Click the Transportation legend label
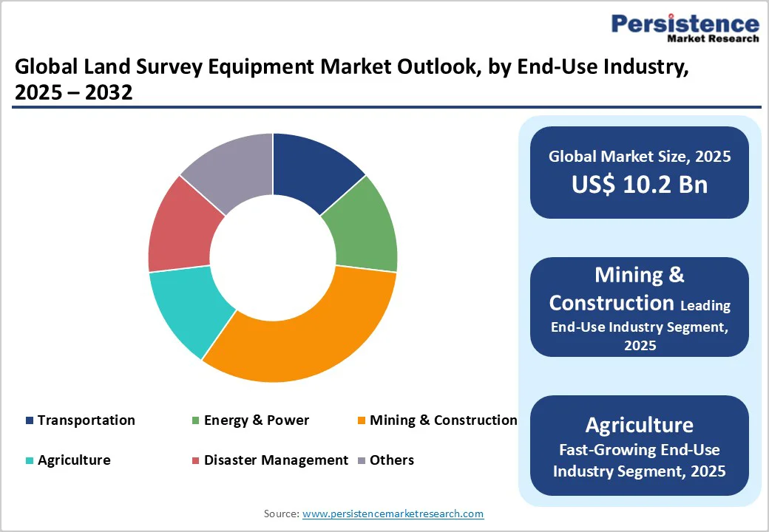pos(86,420)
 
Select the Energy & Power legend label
pos(256,420)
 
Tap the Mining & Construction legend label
pos(443,420)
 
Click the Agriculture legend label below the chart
pos(74,460)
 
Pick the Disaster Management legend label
pos(276,460)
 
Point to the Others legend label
pos(392,460)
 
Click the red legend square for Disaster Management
pos(195,461)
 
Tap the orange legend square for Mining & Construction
pos(361,421)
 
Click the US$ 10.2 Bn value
pos(640,185)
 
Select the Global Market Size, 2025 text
pos(640,157)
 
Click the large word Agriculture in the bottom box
pos(640,425)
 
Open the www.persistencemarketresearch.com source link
pos(393,514)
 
